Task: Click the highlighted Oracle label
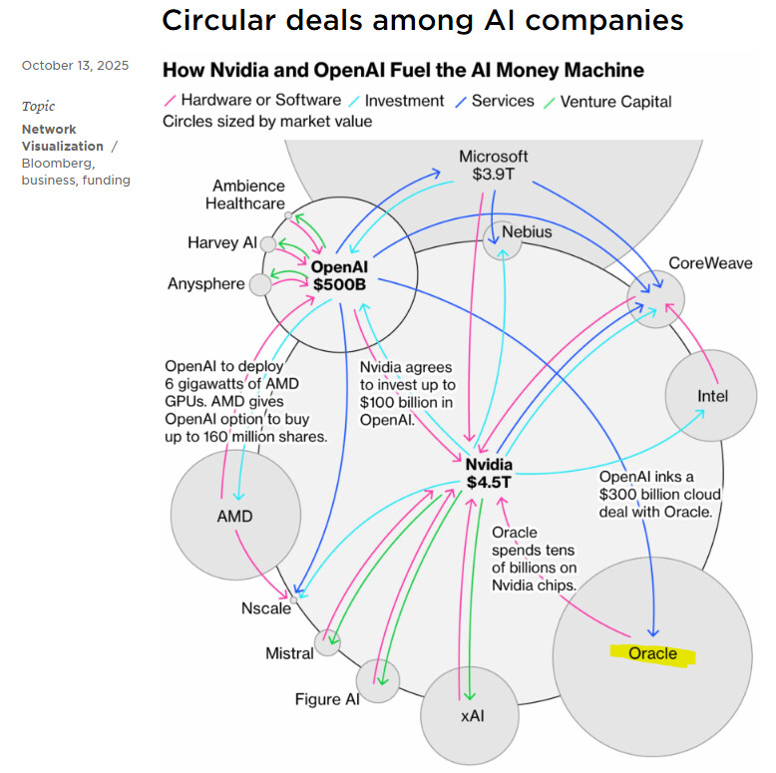[652, 654]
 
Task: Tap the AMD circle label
[234, 517]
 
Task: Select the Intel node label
[712, 396]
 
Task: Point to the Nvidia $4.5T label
[489, 474]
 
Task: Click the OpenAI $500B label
[339, 275]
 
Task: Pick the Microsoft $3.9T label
[494, 166]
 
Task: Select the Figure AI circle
[378, 680]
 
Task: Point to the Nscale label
[266, 608]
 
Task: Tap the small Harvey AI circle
[268, 243]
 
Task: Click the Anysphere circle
[260, 285]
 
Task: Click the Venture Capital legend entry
[615, 102]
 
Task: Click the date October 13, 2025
[75, 66]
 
